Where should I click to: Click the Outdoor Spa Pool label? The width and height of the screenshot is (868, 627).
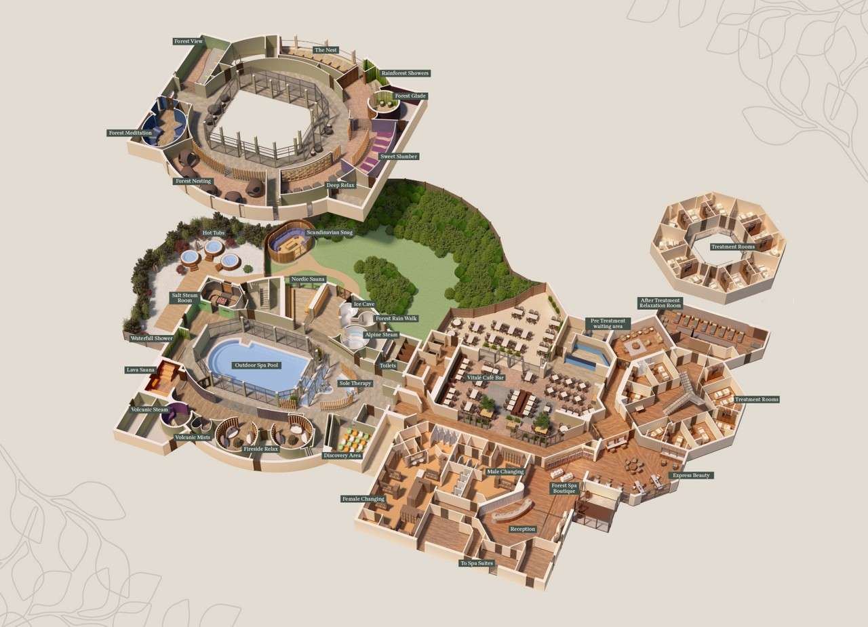(x=256, y=365)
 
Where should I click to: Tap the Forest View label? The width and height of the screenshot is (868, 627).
(x=188, y=41)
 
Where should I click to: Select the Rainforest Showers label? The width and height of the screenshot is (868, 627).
(x=405, y=73)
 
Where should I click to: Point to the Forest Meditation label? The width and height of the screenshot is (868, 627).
(x=130, y=133)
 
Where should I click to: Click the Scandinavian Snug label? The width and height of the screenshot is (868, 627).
(x=330, y=232)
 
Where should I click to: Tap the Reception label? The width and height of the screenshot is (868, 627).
(x=522, y=529)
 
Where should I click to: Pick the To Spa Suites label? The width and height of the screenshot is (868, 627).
(x=477, y=563)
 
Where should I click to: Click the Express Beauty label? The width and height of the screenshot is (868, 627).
(x=691, y=475)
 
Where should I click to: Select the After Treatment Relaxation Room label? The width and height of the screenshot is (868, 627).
(x=660, y=303)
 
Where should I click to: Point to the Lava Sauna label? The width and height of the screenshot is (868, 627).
(x=141, y=370)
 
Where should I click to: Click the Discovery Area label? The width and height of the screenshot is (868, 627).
(x=342, y=455)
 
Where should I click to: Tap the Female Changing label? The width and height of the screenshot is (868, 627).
(x=363, y=499)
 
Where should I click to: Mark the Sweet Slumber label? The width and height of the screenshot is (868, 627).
(x=399, y=157)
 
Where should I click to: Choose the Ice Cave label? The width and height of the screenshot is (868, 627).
(x=363, y=304)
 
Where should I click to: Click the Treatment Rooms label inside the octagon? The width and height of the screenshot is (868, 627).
(x=732, y=247)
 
